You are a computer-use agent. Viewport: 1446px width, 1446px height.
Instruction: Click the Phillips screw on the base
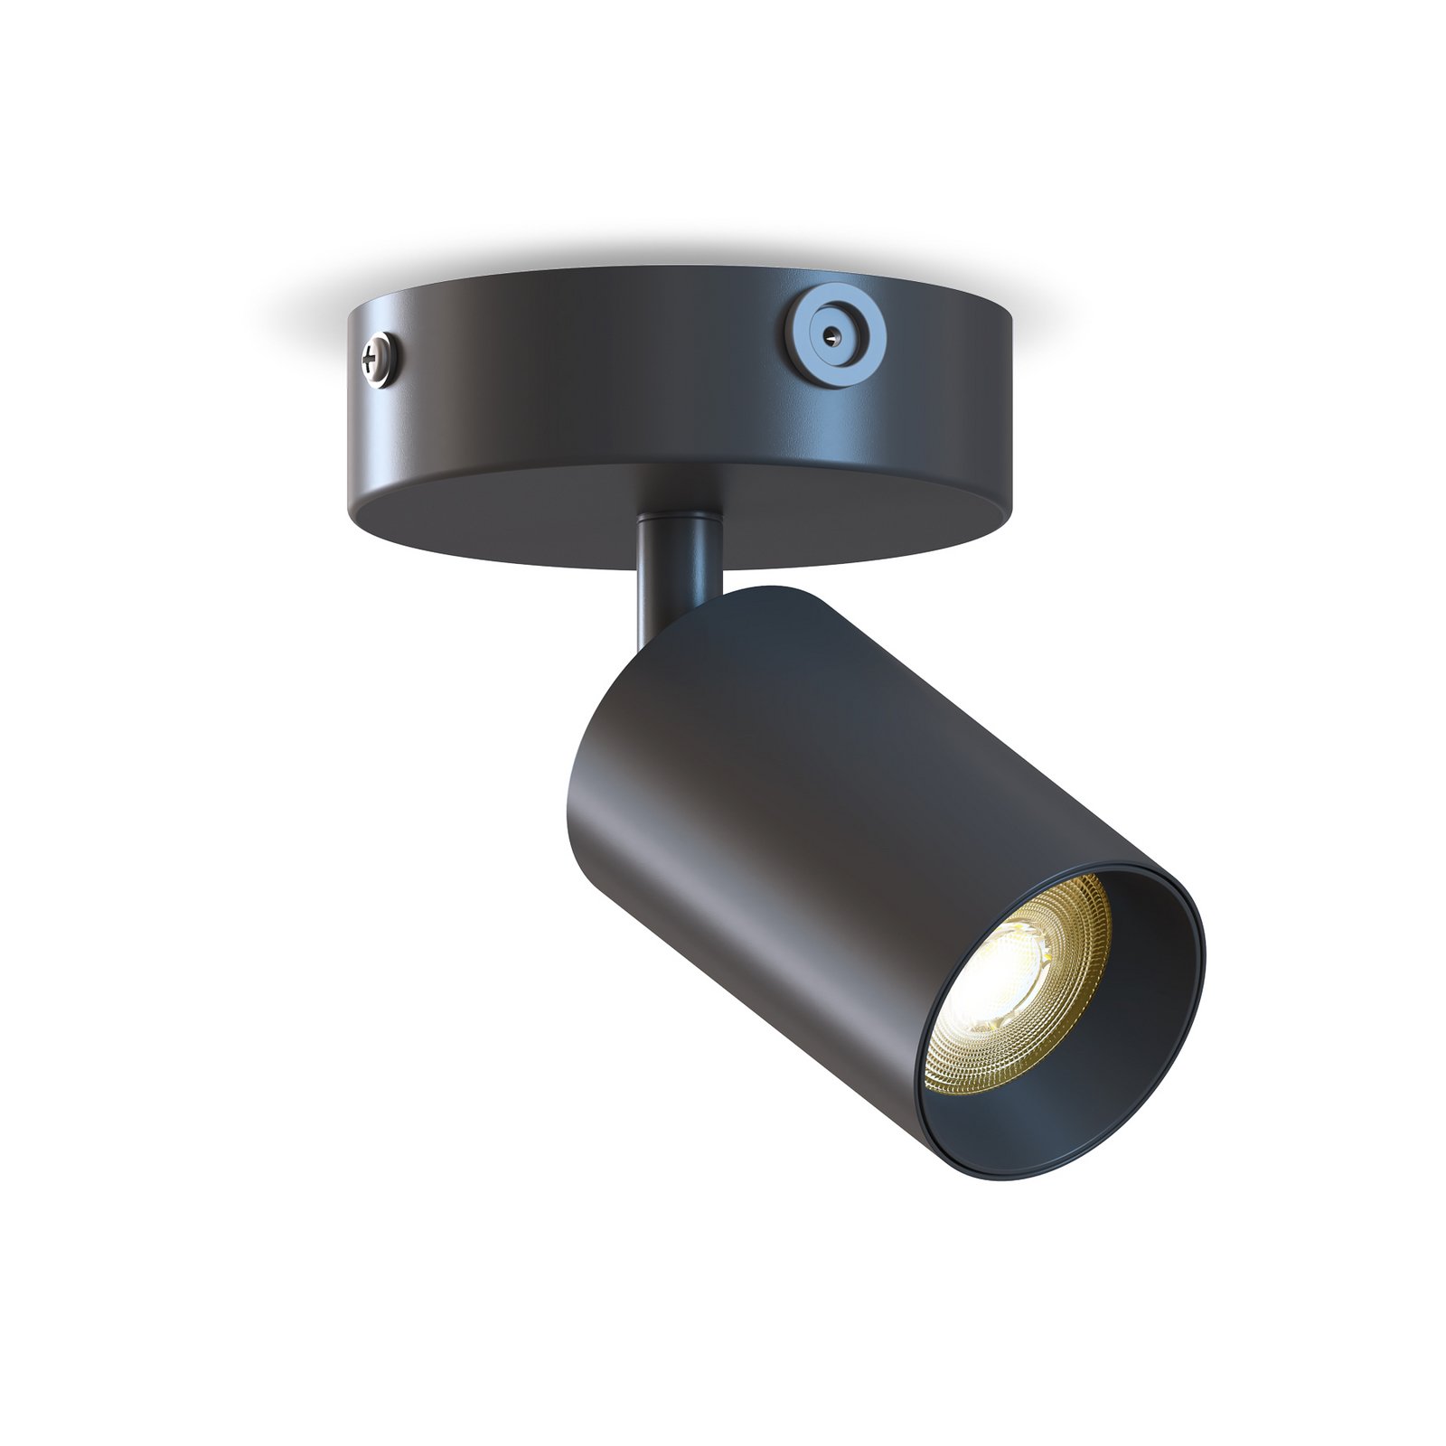[x=379, y=360]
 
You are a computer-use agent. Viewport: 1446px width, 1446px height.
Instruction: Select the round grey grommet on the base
[x=832, y=334]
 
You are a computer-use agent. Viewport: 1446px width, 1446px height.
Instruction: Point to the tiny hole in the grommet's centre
[x=832, y=334]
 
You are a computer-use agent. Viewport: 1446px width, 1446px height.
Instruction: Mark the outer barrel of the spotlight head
[x=813, y=813]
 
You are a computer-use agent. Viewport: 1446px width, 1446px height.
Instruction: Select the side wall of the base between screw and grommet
[x=587, y=380]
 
